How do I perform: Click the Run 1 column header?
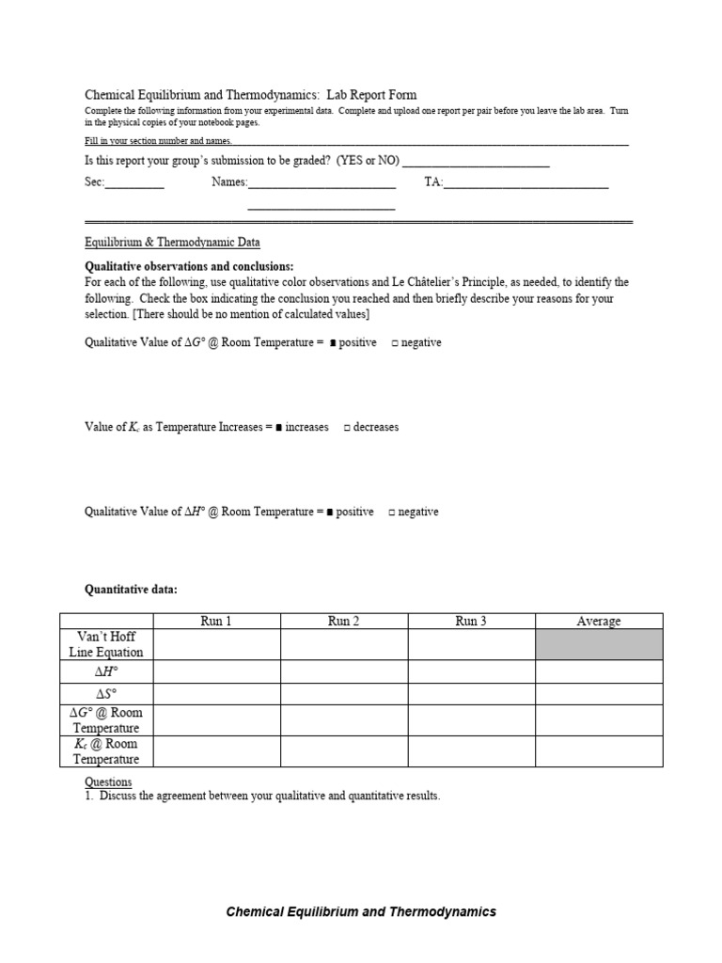216,621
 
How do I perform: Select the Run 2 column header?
343,621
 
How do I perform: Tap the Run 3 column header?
471,621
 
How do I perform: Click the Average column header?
599,621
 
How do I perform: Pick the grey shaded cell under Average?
599,644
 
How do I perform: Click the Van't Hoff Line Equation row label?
106,644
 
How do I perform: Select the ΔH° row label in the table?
106,671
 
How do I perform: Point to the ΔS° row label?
106,694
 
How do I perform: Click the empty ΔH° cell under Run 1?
216,671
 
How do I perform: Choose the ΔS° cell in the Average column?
599,694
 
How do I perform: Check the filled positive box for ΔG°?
333,343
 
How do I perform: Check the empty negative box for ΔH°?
392,513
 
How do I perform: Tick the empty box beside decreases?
347,428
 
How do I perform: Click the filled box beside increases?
279,428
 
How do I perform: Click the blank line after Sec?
134,185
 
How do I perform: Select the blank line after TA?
526,185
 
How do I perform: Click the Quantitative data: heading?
131,590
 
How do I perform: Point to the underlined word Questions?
108,782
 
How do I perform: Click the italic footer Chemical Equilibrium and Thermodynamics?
361,911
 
